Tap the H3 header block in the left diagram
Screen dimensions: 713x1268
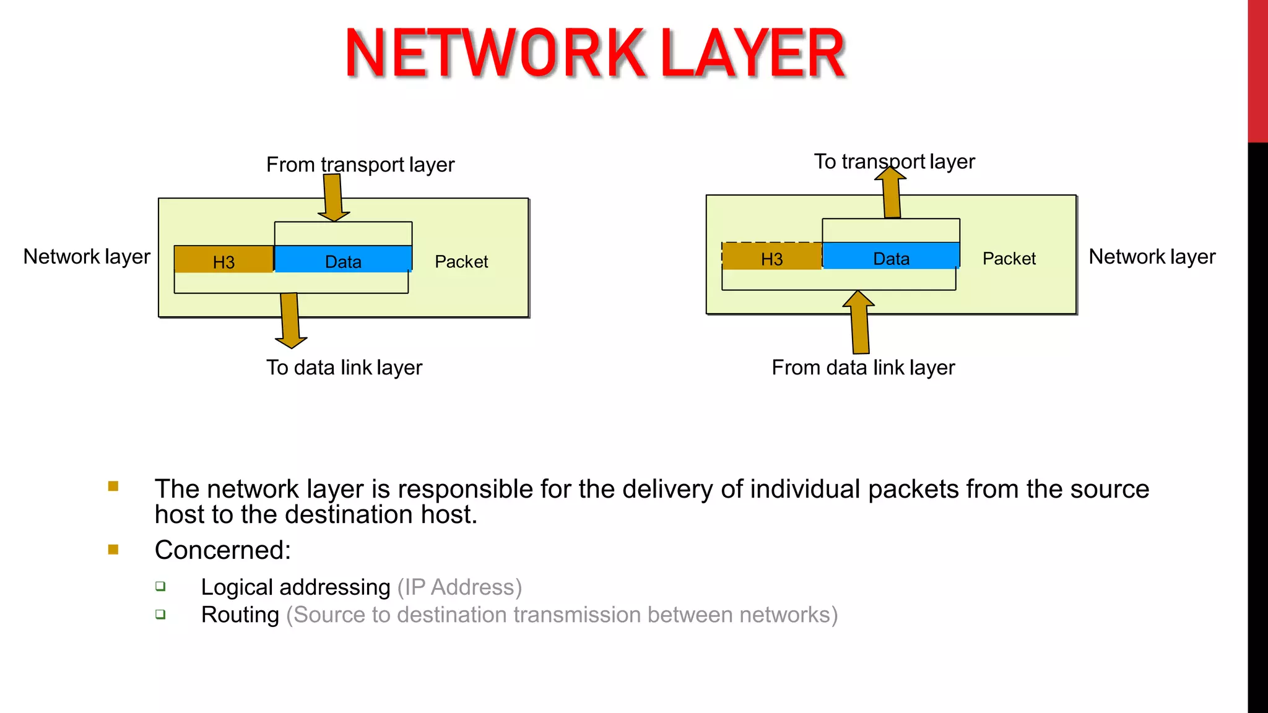tap(224, 260)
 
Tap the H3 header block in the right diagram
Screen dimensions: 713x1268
tap(771, 257)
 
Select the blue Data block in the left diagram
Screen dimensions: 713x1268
tap(343, 260)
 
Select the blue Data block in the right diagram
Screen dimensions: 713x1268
tap(891, 256)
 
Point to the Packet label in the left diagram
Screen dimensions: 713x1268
tap(461, 262)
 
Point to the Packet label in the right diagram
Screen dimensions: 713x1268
tap(1009, 259)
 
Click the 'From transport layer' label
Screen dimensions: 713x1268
tap(360, 165)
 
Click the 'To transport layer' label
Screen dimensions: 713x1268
tap(894, 162)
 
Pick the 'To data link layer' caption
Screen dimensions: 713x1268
tap(344, 368)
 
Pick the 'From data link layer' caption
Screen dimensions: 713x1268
tap(863, 368)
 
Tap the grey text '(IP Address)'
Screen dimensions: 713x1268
tap(459, 587)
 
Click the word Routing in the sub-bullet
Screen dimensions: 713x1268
tap(240, 615)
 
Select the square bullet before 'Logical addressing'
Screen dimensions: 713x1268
tap(161, 586)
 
